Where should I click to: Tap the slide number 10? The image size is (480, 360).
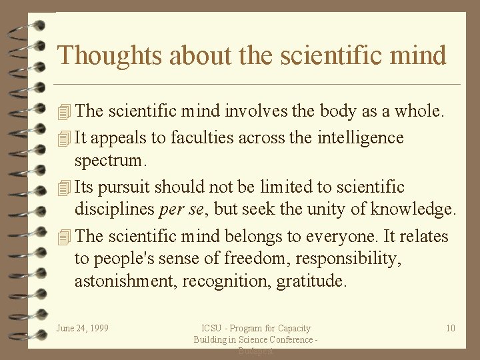(x=451, y=328)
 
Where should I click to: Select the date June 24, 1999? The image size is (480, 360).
(x=83, y=328)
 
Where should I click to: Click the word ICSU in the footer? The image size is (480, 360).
(x=213, y=328)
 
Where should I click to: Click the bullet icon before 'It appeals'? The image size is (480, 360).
(x=64, y=139)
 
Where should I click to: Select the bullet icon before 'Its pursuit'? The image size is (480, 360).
(x=64, y=188)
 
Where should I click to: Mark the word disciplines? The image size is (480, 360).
(x=114, y=210)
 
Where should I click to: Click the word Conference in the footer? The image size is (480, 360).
(x=291, y=340)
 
